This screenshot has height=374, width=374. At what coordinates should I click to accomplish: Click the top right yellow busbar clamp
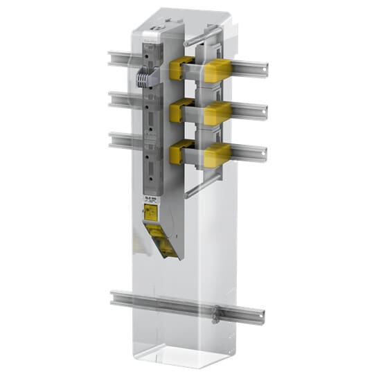click(x=217, y=69)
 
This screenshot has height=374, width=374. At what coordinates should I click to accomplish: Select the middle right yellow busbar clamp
click(x=217, y=111)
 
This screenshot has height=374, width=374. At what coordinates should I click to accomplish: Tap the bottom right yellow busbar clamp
click(x=217, y=154)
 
